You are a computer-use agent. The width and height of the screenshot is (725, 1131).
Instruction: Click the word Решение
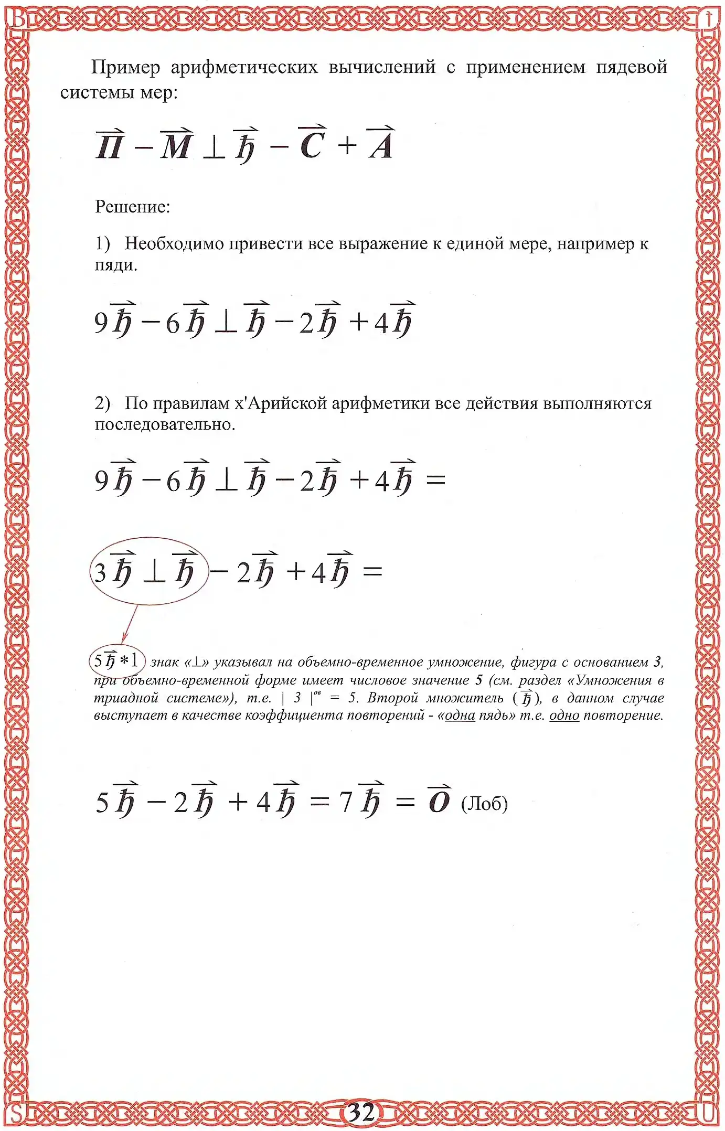tap(132, 207)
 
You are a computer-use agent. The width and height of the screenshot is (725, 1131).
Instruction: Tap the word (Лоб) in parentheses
tap(484, 803)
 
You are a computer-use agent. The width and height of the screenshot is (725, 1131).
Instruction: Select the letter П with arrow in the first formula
tap(110, 145)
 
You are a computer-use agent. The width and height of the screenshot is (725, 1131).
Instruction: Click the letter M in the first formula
tap(175, 145)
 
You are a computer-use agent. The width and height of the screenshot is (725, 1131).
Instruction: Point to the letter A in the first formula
tap(381, 144)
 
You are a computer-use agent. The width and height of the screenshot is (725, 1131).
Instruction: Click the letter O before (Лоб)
tap(439, 801)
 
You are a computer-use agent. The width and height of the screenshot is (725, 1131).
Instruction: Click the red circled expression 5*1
tap(116, 660)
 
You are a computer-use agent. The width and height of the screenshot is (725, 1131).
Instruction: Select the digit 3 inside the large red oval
tap(100, 572)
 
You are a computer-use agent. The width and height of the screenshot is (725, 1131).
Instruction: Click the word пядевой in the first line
tap(631, 67)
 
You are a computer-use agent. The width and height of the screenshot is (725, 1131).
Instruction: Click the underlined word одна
tap(460, 716)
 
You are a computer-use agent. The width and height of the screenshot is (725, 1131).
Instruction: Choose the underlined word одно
tap(564, 716)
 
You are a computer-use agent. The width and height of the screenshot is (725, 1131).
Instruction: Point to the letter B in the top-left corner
tap(17, 18)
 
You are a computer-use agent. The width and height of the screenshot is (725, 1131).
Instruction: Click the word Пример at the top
tap(125, 67)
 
